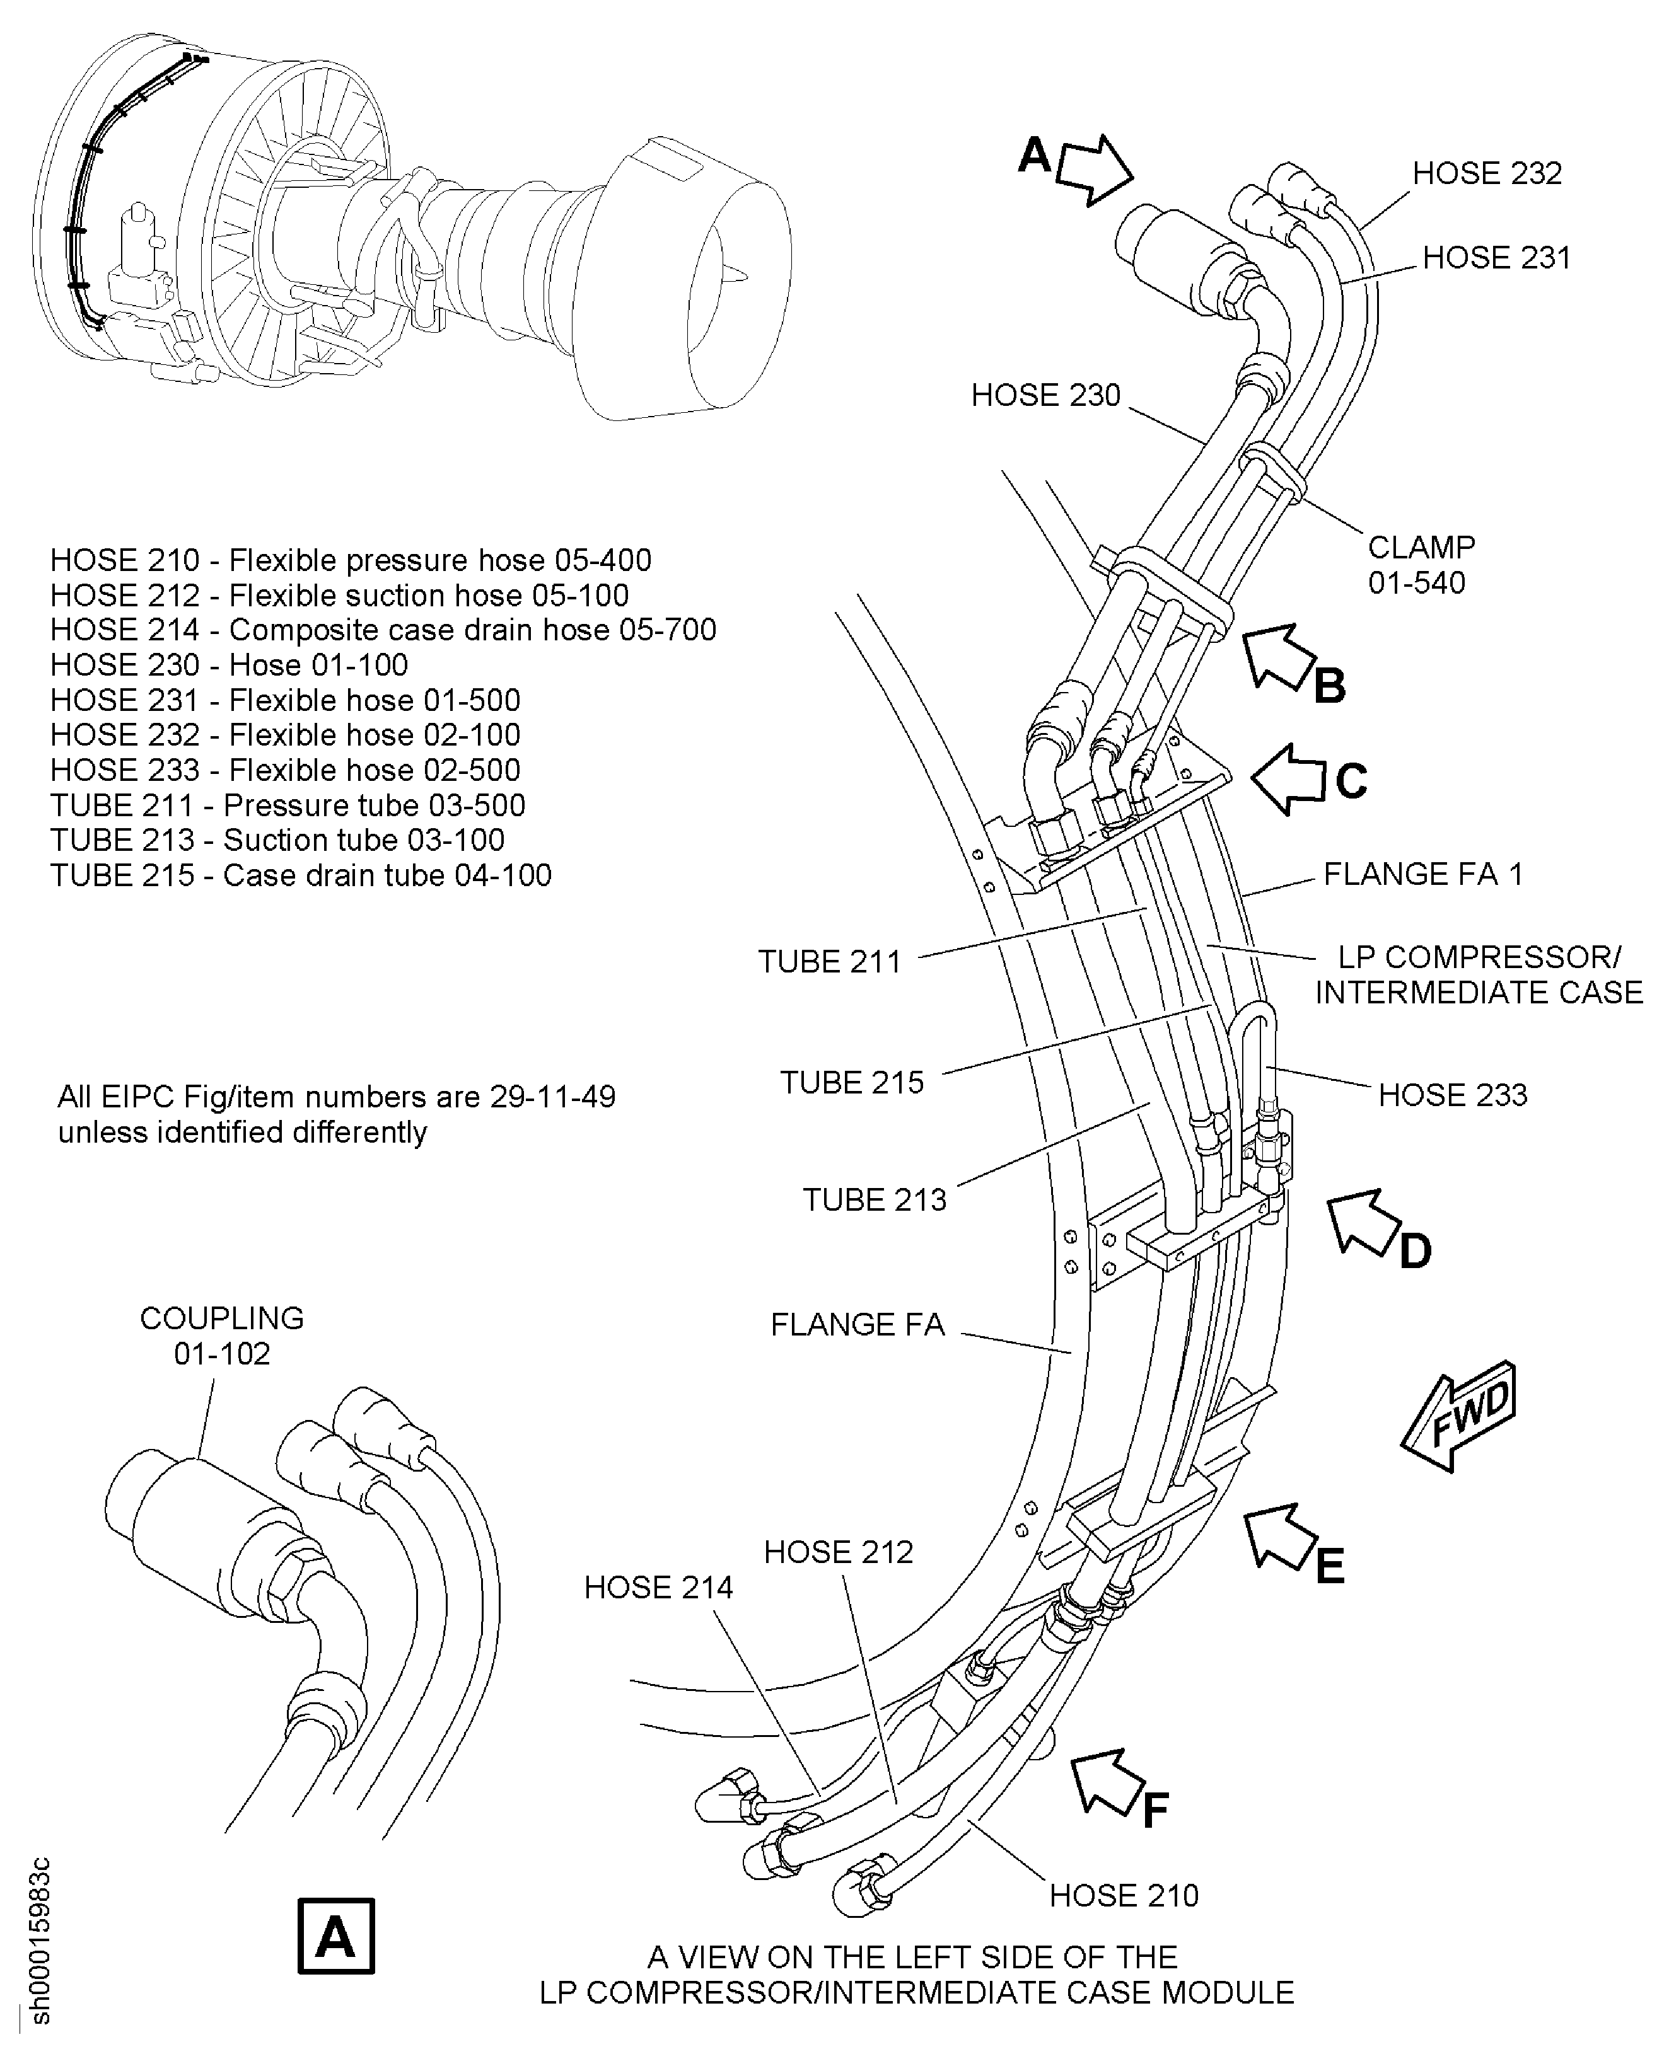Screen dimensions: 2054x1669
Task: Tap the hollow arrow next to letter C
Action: click(1290, 778)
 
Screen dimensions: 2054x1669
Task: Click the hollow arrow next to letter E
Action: click(1282, 1535)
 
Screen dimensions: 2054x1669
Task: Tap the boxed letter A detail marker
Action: click(335, 1936)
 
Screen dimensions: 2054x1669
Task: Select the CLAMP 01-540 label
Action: click(1420, 564)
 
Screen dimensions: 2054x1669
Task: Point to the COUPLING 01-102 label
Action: click(222, 1335)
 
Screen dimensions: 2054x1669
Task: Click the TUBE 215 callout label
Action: click(852, 1082)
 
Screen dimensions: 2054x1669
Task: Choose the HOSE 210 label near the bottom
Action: click(1124, 1895)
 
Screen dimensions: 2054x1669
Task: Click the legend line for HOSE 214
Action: click(383, 630)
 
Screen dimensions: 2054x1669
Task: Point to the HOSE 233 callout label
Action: click(1451, 1095)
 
